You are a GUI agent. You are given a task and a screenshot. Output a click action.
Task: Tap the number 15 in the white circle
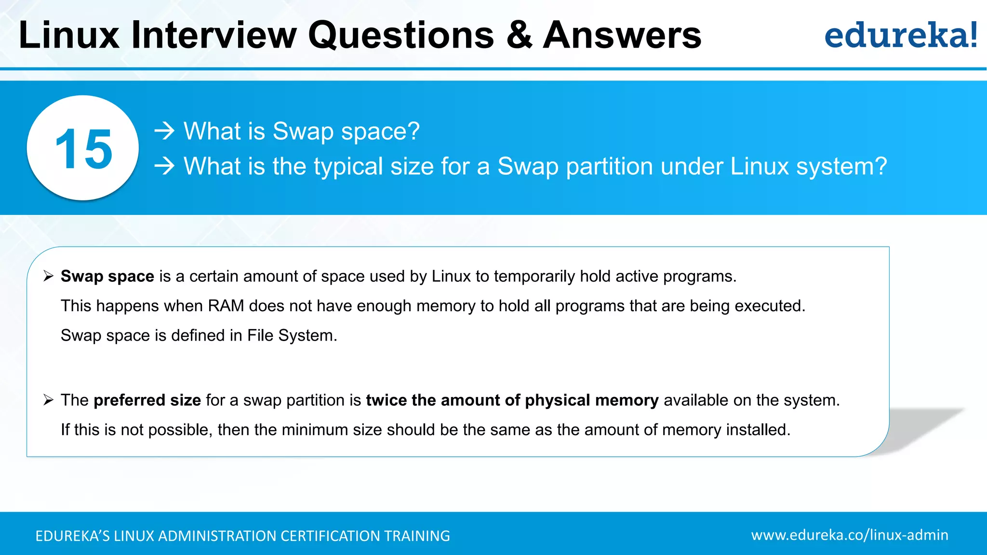tap(83, 149)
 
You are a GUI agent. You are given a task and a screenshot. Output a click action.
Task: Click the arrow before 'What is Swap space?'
tap(164, 131)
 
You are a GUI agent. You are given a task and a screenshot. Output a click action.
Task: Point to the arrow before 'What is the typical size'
tap(164, 166)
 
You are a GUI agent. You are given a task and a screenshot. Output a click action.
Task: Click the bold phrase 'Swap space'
tap(107, 276)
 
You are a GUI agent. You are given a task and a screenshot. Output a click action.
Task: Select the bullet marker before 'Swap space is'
tap(48, 276)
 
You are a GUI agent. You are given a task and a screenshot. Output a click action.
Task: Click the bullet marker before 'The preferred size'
tap(48, 400)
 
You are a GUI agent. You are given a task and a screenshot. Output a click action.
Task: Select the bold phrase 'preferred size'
tap(147, 400)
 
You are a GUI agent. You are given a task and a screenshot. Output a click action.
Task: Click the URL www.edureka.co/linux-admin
tap(849, 535)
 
